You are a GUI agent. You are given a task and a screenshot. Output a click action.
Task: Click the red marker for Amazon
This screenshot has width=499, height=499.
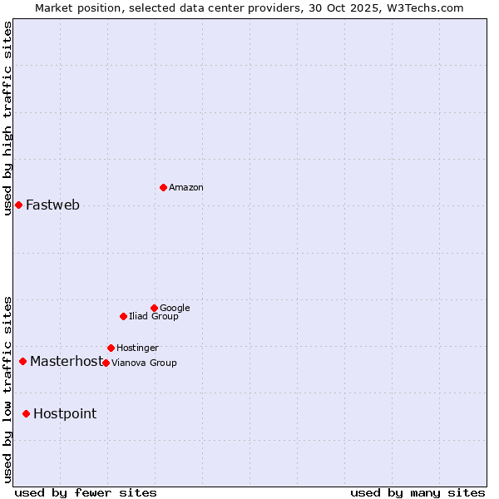pos(163,187)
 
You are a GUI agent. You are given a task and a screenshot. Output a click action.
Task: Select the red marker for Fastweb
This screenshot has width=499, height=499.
pos(18,205)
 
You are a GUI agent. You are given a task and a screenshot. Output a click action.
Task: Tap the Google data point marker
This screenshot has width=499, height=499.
pos(154,308)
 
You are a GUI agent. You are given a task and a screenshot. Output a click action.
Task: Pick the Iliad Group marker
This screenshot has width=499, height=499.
pos(123,316)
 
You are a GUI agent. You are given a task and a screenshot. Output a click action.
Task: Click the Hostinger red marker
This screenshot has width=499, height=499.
pos(111,348)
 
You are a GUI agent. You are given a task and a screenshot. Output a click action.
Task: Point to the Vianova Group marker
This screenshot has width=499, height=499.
pos(106,363)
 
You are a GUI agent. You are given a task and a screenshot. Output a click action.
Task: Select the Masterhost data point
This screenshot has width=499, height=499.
pos(22,361)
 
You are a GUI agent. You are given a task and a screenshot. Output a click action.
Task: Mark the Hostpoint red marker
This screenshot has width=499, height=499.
pos(26,413)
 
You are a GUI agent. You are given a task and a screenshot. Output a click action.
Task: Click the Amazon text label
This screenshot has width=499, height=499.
pos(186,188)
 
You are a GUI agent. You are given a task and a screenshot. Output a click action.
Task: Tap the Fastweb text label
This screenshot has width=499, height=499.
pos(52,205)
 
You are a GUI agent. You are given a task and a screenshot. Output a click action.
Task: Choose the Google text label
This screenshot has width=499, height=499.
pos(175,309)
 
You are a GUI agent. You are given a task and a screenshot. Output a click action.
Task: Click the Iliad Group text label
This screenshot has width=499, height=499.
pos(154,317)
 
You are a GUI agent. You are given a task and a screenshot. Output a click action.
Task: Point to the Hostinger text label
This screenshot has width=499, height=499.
pos(137,348)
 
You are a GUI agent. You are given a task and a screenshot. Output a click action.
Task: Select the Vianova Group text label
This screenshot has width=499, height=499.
pos(144,363)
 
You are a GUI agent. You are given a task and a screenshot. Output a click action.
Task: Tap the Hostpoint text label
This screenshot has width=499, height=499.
pos(65,414)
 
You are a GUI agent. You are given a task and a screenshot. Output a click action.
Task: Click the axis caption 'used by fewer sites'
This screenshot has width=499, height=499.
pos(86,492)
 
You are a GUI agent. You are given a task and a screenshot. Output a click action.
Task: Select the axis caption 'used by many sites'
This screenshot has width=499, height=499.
pos(417,492)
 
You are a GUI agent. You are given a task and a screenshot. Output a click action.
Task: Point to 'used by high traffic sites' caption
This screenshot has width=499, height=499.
pos(7,118)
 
